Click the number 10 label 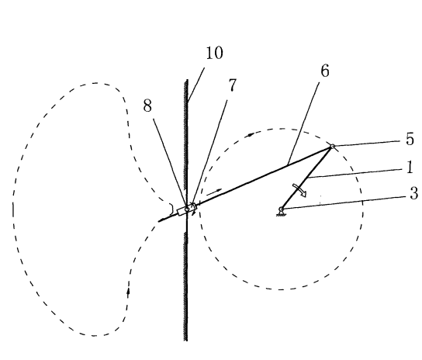pos(215,53)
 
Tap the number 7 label pos(232,85)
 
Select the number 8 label pos(147,106)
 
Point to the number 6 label pos(325,71)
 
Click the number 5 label pos(410,140)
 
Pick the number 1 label pos(410,168)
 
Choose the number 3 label pos(414,193)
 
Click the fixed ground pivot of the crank pos(281,209)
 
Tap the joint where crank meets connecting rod pos(333,146)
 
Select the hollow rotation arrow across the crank pos(299,190)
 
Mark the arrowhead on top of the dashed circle pos(251,134)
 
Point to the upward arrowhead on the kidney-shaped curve pos(128,291)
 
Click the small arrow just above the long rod pos(214,192)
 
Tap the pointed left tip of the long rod pos(158,221)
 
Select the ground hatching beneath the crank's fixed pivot pos(281,215)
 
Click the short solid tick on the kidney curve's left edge pos(13,210)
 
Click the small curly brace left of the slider pos(171,208)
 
